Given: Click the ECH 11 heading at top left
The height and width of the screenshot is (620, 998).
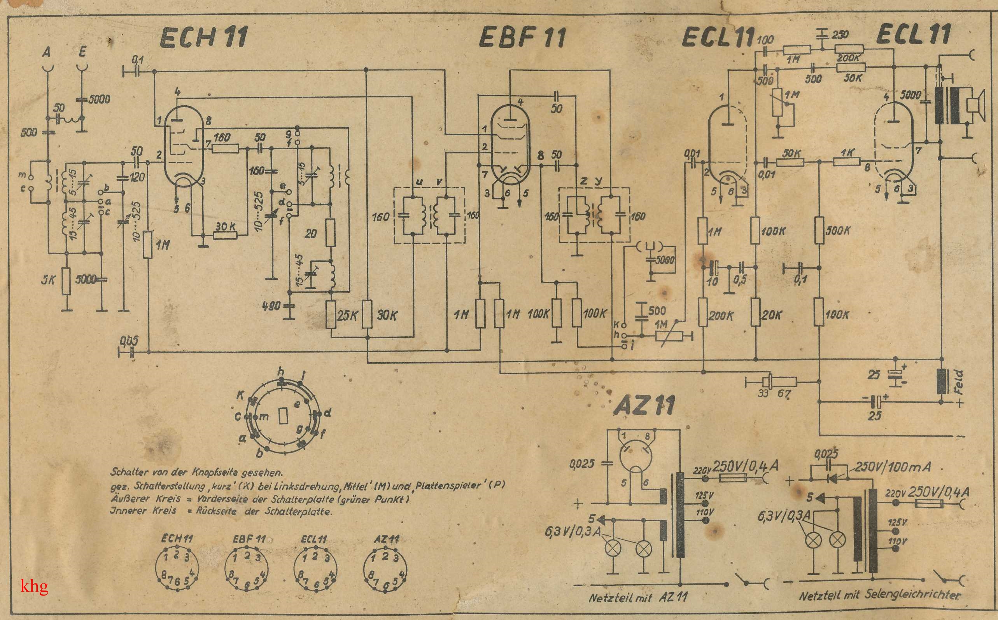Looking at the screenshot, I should click(203, 37).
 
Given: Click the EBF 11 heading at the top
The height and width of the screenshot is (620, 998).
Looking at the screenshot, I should click(522, 37).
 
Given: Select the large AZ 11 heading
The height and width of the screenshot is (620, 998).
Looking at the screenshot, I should click(644, 406).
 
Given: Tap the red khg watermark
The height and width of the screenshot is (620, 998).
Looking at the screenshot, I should click(35, 586).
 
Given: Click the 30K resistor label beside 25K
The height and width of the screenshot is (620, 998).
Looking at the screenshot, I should click(387, 315).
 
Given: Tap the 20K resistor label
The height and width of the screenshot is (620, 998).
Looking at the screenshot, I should click(772, 315).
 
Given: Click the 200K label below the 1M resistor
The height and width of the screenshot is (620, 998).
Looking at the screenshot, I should click(721, 316).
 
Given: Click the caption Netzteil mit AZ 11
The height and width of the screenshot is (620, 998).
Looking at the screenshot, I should click(637, 597).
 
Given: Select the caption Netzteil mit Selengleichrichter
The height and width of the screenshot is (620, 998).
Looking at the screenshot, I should click(880, 595).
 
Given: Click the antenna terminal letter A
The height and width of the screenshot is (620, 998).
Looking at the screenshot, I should click(47, 52).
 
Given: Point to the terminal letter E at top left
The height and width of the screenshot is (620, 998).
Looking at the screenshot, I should click(82, 52).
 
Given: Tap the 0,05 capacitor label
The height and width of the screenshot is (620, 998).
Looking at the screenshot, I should click(129, 341).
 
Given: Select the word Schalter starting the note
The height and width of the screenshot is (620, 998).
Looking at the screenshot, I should click(126, 472).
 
